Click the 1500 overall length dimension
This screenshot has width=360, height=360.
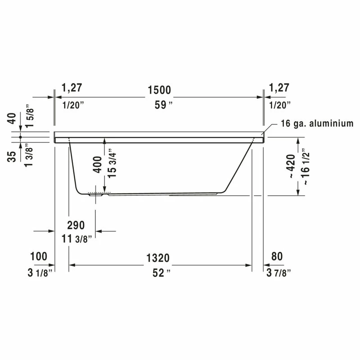pyautogui.click(x=159, y=90)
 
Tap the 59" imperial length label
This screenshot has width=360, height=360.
pyautogui.click(x=163, y=105)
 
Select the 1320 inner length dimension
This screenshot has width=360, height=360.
pyautogui.click(x=158, y=258)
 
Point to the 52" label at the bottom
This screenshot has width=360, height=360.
pyautogui.click(x=162, y=273)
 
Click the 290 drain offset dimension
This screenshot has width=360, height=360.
pyautogui.click(x=76, y=225)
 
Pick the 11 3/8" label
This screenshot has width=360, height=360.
pyautogui.click(x=76, y=239)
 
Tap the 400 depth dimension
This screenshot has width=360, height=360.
pyautogui.click(x=97, y=164)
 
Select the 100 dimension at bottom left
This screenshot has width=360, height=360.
pyautogui.click(x=39, y=256)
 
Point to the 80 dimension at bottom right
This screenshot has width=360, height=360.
pyautogui.click(x=277, y=256)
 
